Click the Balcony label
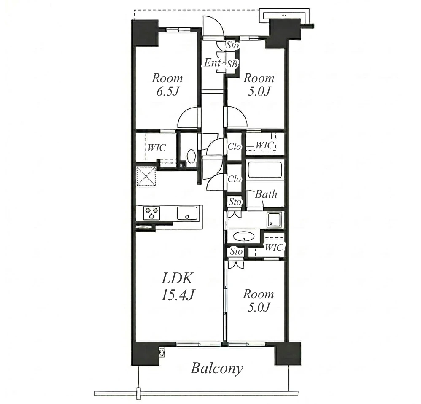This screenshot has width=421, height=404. point(217,368)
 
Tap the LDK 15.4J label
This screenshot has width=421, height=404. point(178,286)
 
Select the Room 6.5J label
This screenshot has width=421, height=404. point(167,85)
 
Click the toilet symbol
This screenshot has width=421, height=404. point(191,156)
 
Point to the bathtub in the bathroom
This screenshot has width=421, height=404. point(265,170)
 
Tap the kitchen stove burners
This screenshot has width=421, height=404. point(151,213)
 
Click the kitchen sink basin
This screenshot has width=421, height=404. point(187,213)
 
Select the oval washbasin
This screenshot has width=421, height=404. point(243,237)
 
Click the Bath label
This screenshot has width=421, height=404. point(266,194)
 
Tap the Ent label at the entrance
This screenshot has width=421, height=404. point(212,63)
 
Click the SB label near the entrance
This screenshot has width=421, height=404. point(232,64)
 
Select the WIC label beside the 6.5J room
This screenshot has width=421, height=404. point(157,147)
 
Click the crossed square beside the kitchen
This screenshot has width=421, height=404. point(146,176)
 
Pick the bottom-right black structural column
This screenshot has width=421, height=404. point(287,353)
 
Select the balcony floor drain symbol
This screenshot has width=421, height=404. point(162,352)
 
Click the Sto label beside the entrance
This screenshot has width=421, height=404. point(232,46)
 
